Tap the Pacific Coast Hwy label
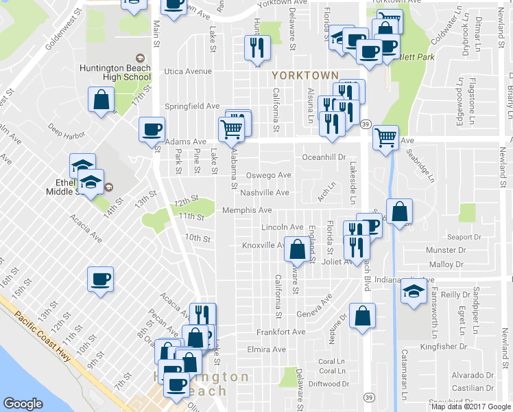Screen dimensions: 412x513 point(46,341)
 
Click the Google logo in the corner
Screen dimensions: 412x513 point(23,404)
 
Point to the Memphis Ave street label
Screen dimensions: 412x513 point(247,210)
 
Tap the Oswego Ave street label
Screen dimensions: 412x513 point(269,175)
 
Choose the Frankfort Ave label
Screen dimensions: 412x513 point(281,332)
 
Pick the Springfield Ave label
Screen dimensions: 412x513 point(192,106)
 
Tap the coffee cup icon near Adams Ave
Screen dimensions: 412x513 point(152,128)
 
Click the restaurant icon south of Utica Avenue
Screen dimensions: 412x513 point(258,48)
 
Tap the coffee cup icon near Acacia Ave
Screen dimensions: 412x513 point(101,279)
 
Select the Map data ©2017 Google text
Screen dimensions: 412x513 point(470,407)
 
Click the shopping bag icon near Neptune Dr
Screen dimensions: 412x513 point(362,316)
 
